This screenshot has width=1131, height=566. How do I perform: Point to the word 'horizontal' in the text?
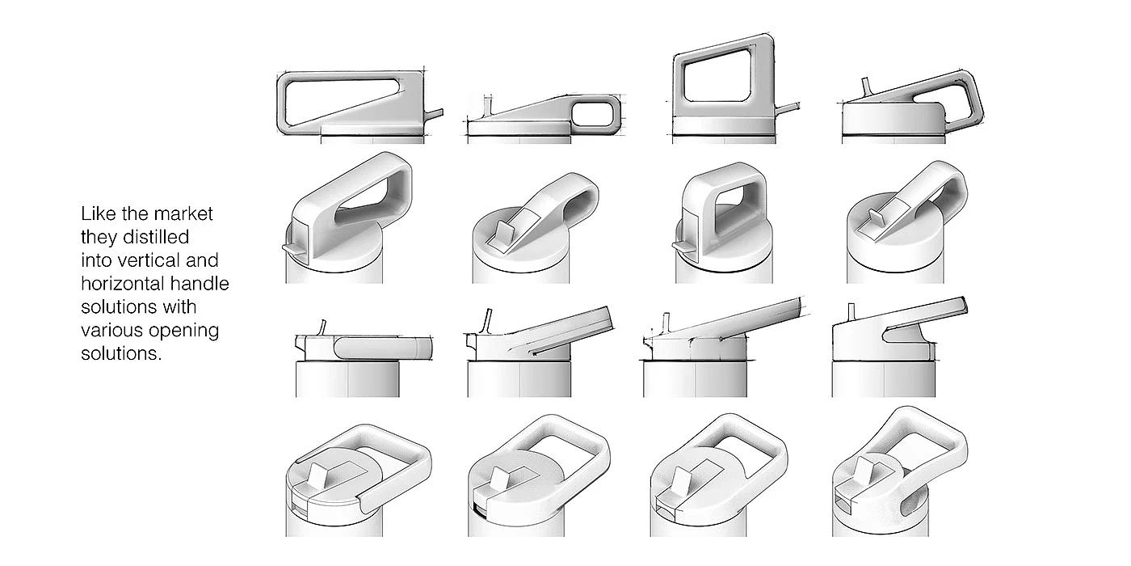point(122,285)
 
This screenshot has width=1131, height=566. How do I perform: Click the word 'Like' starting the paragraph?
point(95,214)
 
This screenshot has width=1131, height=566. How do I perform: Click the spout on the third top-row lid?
point(787,107)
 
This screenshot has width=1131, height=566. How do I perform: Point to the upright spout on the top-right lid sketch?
point(865,87)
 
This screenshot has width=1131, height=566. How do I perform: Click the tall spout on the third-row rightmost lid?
point(850,311)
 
